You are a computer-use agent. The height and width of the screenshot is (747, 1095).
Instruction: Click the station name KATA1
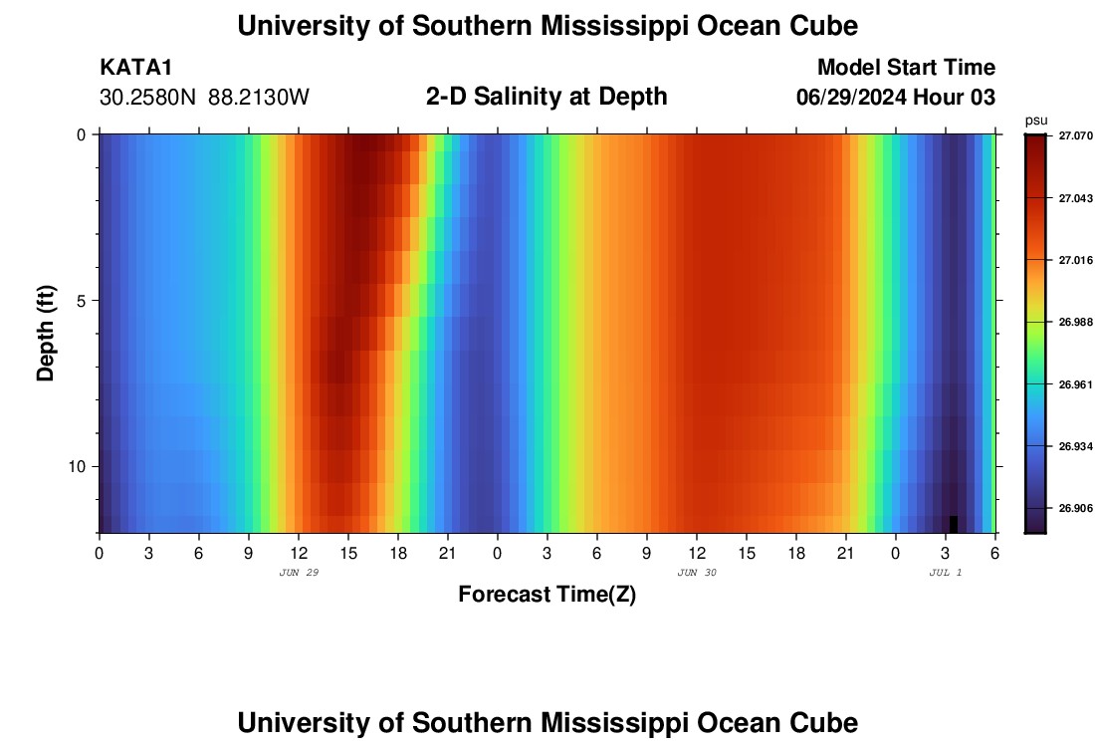[x=137, y=68]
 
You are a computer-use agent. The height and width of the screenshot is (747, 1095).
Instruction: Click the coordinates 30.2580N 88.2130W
[x=204, y=98]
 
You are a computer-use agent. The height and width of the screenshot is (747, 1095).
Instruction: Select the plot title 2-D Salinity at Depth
[x=547, y=97]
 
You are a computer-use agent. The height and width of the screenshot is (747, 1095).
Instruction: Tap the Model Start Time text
[x=906, y=68]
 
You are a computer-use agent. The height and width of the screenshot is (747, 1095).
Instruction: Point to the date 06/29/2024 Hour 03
[x=896, y=98]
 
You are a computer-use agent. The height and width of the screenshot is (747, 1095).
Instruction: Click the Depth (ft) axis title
[x=46, y=333]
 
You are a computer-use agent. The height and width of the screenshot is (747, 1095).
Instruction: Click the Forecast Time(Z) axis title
[x=547, y=595]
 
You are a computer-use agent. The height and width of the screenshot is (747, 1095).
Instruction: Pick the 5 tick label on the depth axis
[x=82, y=300]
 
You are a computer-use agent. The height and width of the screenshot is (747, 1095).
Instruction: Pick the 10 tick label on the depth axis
[x=78, y=466]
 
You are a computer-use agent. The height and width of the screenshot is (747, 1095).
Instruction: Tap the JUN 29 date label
[x=299, y=573]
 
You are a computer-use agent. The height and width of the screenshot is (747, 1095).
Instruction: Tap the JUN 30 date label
[x=697, y=573]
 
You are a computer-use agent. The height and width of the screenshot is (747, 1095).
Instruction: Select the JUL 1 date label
[x=945, y=573]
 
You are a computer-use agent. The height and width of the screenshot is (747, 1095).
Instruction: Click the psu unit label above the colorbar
[x=1035, y=121]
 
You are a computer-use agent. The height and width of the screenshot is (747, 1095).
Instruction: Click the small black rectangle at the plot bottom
[x=954, y=524]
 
